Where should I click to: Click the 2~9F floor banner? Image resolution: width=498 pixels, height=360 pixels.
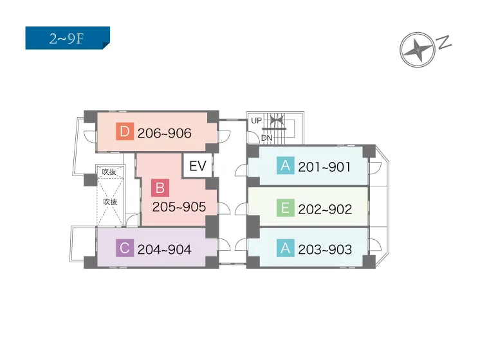coord(68,38)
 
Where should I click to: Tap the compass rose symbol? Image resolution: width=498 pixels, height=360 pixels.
coord(417,50)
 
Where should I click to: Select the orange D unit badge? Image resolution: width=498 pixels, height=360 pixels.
coord(125,131)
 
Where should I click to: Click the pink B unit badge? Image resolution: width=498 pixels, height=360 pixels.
coord(160,188)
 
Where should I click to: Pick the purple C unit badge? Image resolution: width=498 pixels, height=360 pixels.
coord(125,248)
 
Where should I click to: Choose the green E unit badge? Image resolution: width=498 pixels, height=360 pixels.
coord(285,208)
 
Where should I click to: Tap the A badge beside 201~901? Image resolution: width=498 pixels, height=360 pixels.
coord(285,165)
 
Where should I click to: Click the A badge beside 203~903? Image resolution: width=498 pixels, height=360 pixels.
coord(285,248)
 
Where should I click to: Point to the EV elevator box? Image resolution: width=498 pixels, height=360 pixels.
coord(198,166)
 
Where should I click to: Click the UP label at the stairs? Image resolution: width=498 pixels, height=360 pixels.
coord(256,121)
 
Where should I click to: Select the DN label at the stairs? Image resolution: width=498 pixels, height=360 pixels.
coord(267,138)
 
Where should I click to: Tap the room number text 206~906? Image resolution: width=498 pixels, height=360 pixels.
coord(164,133)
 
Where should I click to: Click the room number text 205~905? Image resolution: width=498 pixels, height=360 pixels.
coord(179,207)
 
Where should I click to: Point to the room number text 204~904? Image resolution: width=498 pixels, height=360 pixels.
coord(164,249)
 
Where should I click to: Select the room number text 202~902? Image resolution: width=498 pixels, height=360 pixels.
coord(325,210)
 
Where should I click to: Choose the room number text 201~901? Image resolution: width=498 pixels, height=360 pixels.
coord(324,167)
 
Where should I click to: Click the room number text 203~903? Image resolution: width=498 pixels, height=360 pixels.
coord(325,249)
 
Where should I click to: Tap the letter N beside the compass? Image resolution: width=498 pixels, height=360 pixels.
coord(445,42)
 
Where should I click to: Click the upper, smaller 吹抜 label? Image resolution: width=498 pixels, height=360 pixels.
coord(109,172)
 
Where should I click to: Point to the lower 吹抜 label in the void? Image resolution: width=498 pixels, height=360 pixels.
coord(110,202)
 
